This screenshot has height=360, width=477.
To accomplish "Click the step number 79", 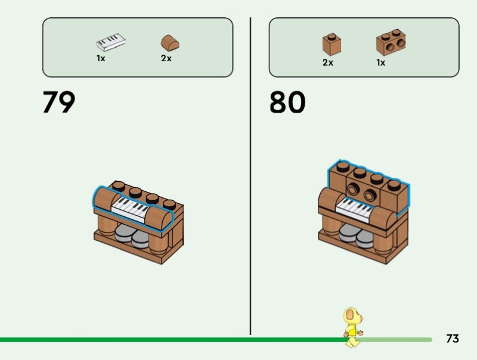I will coord(59,102).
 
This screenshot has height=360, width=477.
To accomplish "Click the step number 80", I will coord(287,102).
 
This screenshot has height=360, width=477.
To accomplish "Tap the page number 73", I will coord(453,339).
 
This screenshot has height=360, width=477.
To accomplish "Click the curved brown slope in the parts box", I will coord(170,43).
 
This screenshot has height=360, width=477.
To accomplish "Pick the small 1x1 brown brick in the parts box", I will coord(332,44).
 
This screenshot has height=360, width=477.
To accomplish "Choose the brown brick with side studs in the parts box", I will coord(391,43).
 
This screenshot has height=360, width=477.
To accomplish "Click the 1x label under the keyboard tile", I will coord(101,58).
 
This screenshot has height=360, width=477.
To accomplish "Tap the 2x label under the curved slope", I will coord(166,58).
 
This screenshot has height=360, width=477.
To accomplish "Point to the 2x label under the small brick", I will coord(327,63).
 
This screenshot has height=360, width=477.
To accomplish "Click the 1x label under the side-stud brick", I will coord(380,63).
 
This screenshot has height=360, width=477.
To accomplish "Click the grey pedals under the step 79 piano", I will coord(132,235).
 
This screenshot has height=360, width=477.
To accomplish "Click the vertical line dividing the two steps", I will coord(250,179).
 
